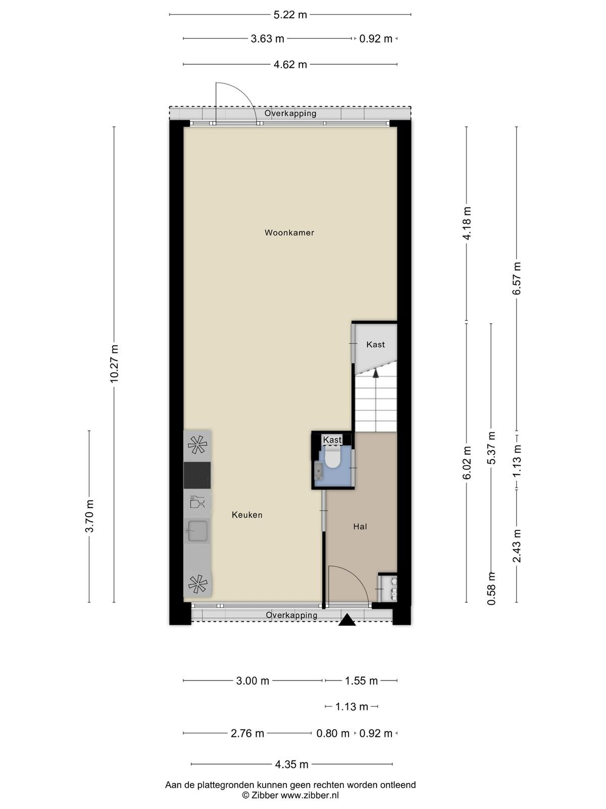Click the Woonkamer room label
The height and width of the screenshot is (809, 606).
click(289, 233)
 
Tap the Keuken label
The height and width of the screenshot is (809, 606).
click(247, 515)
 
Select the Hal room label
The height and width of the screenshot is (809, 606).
click(360, 527)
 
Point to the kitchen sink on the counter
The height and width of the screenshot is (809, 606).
click(197, 531)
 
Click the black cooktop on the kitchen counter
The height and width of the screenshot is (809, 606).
click(197, 475)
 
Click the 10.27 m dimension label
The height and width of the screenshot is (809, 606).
click(114, 364)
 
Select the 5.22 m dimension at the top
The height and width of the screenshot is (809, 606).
click(290, 15)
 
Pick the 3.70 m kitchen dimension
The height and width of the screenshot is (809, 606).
click(89, 516)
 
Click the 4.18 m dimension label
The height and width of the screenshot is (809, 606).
click(467, 223)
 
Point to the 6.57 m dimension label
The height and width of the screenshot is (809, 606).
click(517, 278)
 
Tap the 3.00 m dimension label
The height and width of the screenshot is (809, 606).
click(252, 681)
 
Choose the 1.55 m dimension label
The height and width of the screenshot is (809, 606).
click(361, 681)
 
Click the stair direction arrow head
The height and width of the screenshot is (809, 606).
click(376, 373)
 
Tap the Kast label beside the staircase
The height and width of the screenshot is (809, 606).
click(375, 345)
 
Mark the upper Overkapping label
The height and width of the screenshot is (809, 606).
click(290, 114)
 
